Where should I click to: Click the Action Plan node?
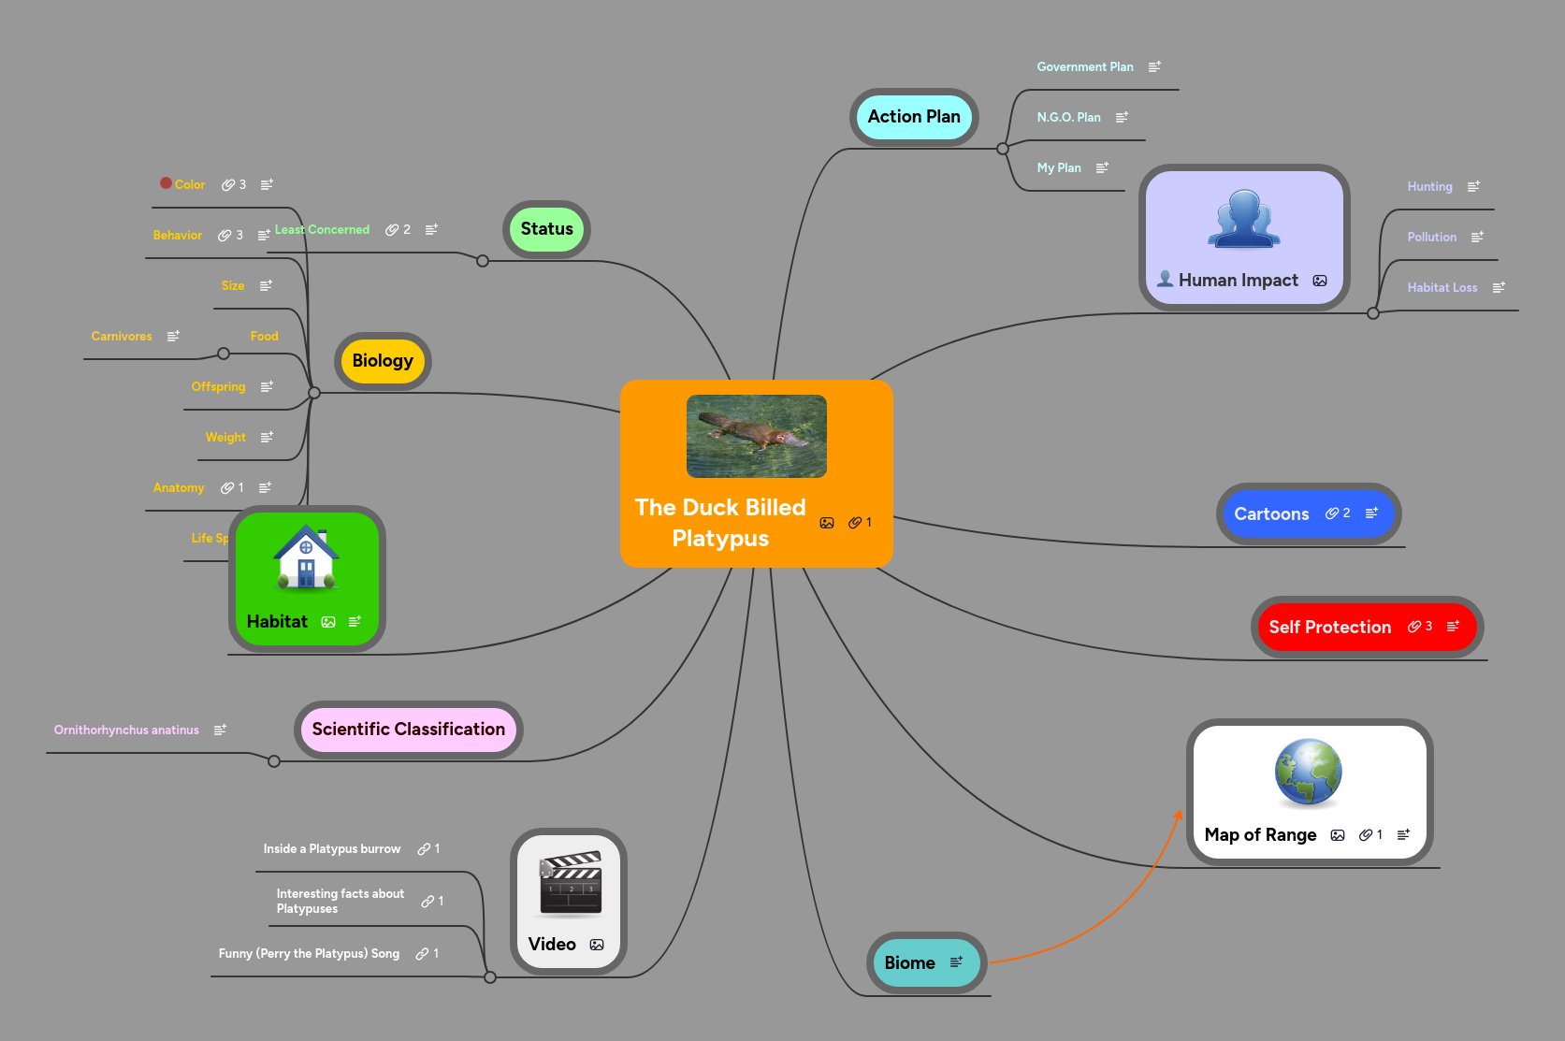913,117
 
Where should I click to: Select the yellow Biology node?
382,361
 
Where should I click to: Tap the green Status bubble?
546,229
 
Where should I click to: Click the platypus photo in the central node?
756,436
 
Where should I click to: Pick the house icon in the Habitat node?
306,558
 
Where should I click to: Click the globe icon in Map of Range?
1308,773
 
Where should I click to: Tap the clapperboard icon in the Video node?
570,883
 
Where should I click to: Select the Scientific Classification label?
408,730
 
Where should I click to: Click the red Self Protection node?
1329,628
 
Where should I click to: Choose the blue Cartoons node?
1271,514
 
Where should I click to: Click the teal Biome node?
909,963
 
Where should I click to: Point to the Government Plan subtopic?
1084,67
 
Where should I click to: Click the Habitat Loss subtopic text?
1442,288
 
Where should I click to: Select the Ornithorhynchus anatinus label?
126,730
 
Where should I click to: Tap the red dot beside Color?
166,183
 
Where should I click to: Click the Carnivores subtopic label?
122,337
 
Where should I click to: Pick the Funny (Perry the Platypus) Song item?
309,954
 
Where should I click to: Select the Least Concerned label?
322,230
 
